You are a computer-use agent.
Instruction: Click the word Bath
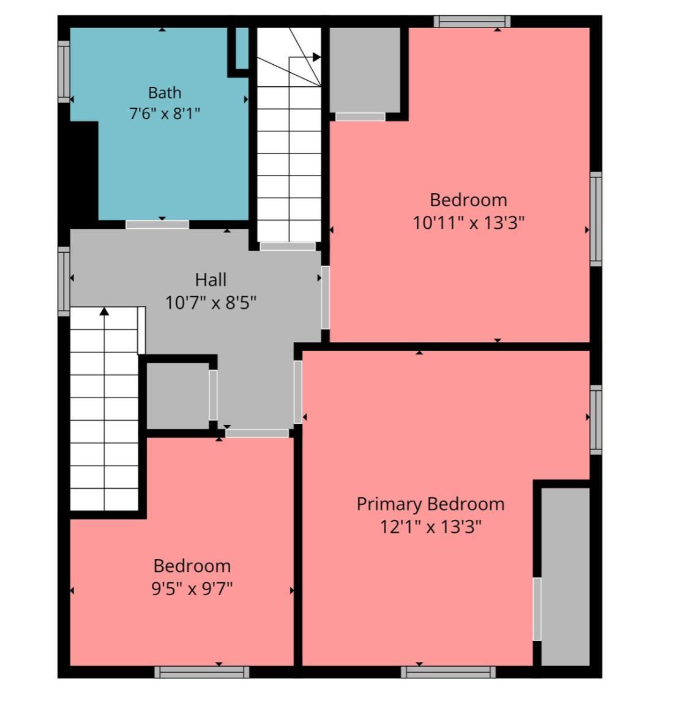(x=165, y=93)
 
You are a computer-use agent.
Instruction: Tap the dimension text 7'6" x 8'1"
(x=165, y=113)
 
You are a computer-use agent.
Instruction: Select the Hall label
(x=211, y=280)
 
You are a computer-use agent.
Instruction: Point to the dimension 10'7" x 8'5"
(x=211, y=303)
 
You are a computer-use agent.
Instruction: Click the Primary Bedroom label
(x=430, y=504)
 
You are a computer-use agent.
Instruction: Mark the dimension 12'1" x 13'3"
(x=430, y=526)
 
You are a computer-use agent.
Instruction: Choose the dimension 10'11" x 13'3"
(x=468, y=223)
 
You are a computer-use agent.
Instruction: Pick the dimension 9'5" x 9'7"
(x=192, y=588)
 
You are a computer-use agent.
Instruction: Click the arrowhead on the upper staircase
(x=316, y=57)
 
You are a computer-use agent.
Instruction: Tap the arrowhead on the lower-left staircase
(x=104, y=312)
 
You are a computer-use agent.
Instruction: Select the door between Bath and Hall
(x=157, y=224)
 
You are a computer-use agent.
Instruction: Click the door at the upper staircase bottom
(x=288, y=247)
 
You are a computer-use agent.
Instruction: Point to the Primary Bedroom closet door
(x=537, y=609)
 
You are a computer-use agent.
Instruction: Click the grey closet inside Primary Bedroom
(x=566, y=576)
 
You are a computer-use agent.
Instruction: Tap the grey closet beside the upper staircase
(x=364, y=70)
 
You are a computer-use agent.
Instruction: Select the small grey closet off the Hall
(x=178, y=396)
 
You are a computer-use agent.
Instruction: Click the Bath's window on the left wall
(x=64, y=72)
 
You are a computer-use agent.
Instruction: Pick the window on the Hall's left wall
(x=64, y=281)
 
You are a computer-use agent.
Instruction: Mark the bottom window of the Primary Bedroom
(x=448, y=672)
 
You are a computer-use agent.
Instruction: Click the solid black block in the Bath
(x=84, y=171)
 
